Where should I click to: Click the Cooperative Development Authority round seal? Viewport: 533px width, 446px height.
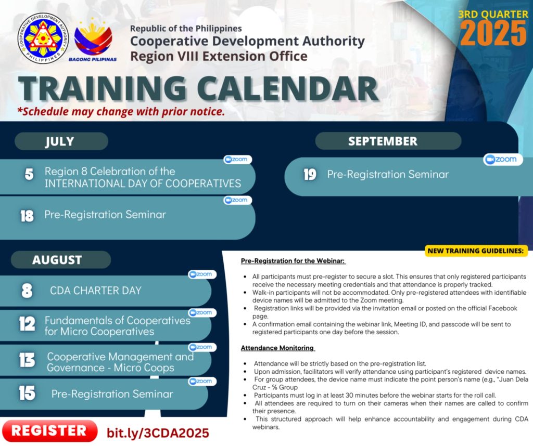pos(43,38)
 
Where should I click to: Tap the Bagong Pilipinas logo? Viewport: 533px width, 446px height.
pos(93,41)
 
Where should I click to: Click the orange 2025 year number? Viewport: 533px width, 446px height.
pos(493,33)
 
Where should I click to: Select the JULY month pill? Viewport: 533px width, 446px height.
pos(61,141)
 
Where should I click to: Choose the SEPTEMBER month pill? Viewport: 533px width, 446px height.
pos(388,141)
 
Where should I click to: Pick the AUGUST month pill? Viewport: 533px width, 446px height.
pos(61,260)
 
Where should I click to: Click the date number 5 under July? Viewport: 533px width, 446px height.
pos(29,175)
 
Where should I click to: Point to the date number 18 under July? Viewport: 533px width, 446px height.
pos(27,216)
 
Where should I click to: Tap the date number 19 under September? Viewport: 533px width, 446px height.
pos(310,175)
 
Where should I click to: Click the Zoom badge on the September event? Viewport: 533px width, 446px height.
pos(503,160)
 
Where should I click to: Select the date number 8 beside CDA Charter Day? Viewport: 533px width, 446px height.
pos(27,291)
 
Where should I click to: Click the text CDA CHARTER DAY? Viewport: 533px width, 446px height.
pos(96,291)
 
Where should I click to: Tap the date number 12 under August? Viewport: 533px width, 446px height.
pos(27,323)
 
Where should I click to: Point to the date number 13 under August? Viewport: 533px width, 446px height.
pos(27,360)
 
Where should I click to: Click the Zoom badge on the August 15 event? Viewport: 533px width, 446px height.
pos(202,381)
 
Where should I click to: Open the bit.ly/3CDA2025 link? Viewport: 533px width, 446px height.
pos(158,433)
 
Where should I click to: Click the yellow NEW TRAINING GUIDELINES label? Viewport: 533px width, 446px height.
pos(476,251)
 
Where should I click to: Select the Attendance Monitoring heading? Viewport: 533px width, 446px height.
pos(277,348)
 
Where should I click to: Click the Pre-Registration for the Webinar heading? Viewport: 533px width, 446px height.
pos(293,260)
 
